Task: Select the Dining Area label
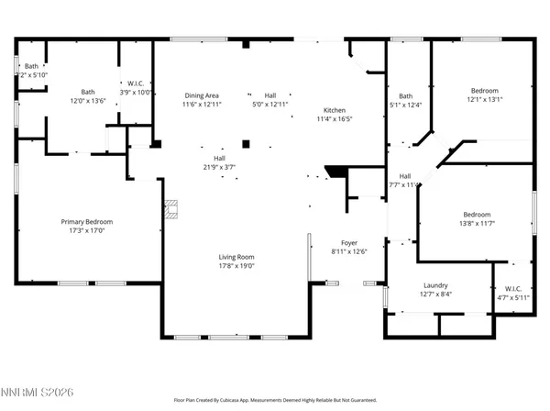[x=202, y=95]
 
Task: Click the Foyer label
[x=348, y=242]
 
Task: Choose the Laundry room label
[x=436, y=285]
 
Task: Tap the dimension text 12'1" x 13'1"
[x=485, y=100]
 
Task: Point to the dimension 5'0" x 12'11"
[x=270, y=105]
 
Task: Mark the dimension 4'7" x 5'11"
[x=512, y=296]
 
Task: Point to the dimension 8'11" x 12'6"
[x=348, y=251]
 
